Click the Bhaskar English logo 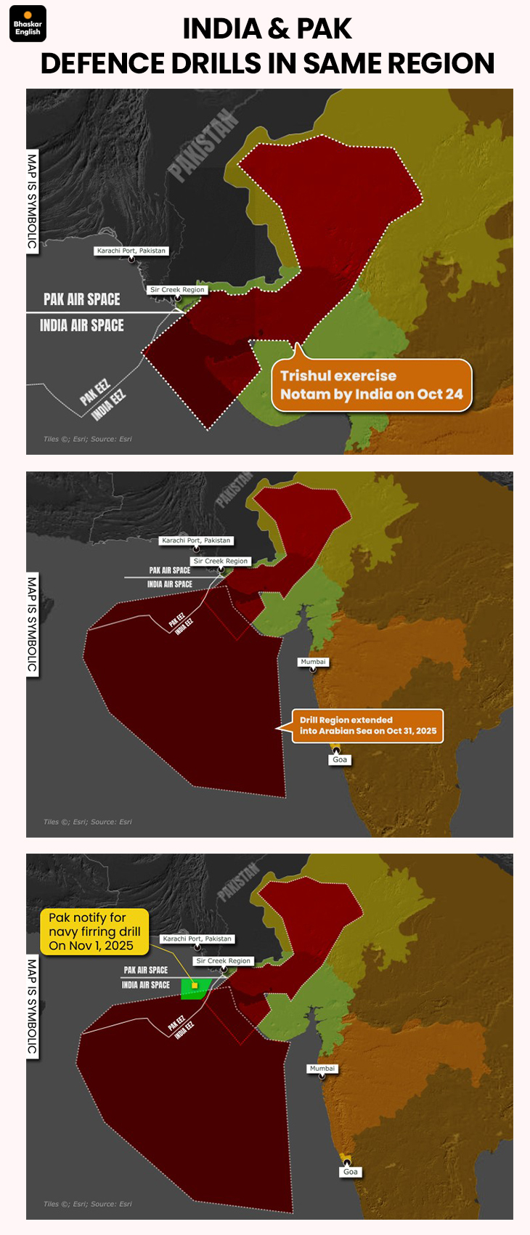click(x=28, y=24)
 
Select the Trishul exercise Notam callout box click(x=372, y=385)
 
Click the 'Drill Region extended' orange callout click(x=367, y=726)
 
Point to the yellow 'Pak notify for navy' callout click(x=94, y=931)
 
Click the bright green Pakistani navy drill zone click(x=196, y=989)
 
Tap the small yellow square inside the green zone click(x=195, y=985)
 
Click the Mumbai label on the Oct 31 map click(x=313, y=662)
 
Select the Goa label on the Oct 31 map click(x=340, y=760)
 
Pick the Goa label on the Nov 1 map click(x=350, y=1172)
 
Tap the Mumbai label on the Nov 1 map click(x=322, y=1069)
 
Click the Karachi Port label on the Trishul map click(x=131, y=251)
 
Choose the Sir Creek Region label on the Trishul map click(x=177, y=290)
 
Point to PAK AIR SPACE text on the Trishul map click(x=81, y=299)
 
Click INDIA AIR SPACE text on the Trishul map click(x=81, y=325)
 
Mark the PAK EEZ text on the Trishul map click(x=94, y=392)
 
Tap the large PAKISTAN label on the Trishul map click(x=203, y=144)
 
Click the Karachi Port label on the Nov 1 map click(x=197, y=939)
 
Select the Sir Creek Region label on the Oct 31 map click(x=221, y=561)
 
